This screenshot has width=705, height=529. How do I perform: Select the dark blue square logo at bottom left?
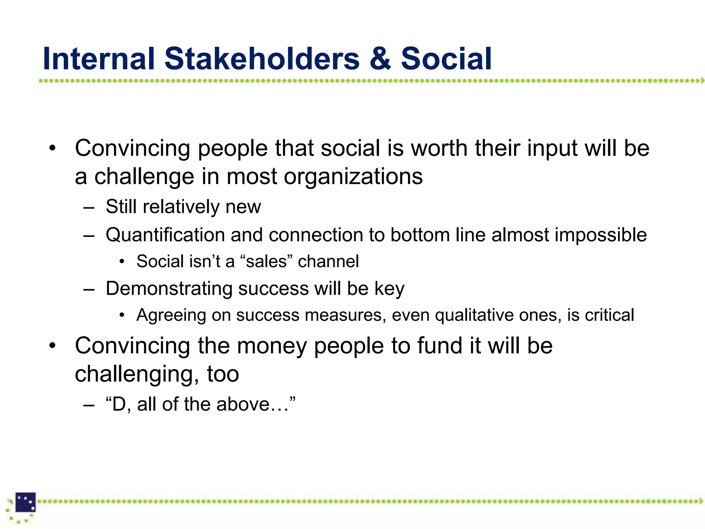click(25, 502)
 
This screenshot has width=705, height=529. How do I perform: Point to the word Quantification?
click(165, 235)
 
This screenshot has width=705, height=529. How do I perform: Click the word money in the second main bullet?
click(272, 346)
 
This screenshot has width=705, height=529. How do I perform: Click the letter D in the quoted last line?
click(119, 404)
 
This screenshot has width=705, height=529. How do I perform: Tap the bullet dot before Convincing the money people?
click(52, 346)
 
